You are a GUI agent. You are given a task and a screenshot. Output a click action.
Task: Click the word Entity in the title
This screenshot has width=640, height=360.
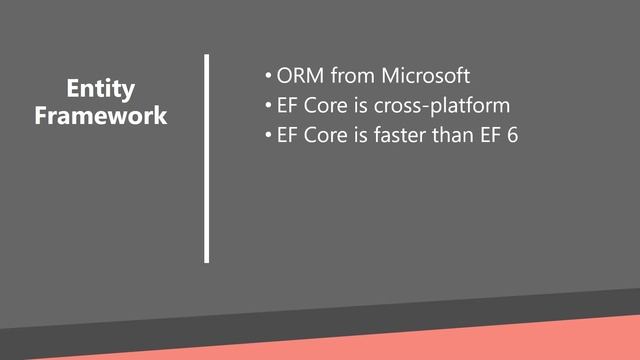[x=100, y=88]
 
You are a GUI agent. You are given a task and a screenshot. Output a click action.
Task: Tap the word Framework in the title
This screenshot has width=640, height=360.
[x=100, y=115]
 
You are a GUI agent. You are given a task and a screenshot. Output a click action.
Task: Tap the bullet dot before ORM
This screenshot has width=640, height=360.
[x=267, y=77]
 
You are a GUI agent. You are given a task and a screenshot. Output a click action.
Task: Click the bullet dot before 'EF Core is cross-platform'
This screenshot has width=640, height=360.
[x=267, y=106]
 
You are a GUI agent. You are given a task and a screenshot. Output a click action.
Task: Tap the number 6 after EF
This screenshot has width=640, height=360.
[x=513, y=135]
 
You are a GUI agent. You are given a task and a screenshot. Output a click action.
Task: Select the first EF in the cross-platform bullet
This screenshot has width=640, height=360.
[x=287, y=105]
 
